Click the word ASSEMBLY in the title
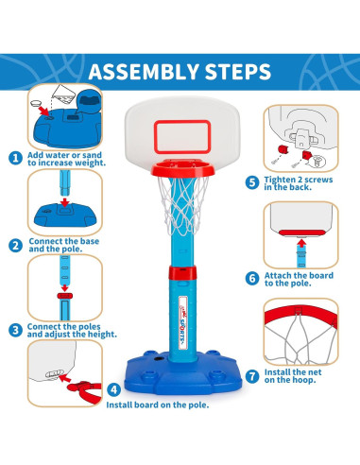[x=144, y=72]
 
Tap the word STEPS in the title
[x=238, y=72]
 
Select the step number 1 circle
[x=15, y=158]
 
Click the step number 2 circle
[x=15, y=246]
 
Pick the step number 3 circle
[x=15, y=331]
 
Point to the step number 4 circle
[x=113, y=389]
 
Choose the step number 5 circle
[x=252, y=182]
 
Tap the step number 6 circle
[x=252, y=279]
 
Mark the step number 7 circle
[x=252, y=376]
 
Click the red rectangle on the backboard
[x=182, y=122]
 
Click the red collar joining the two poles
[x=182, y=273]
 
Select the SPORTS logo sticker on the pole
[x=182, y=322]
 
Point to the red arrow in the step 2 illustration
[x=64, y=202]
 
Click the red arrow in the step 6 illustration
[x=301, y=243]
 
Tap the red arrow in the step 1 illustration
[x=43, y=111]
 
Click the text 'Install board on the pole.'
[x=158, y=405]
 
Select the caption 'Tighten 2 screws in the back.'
[x=299, y=183]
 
